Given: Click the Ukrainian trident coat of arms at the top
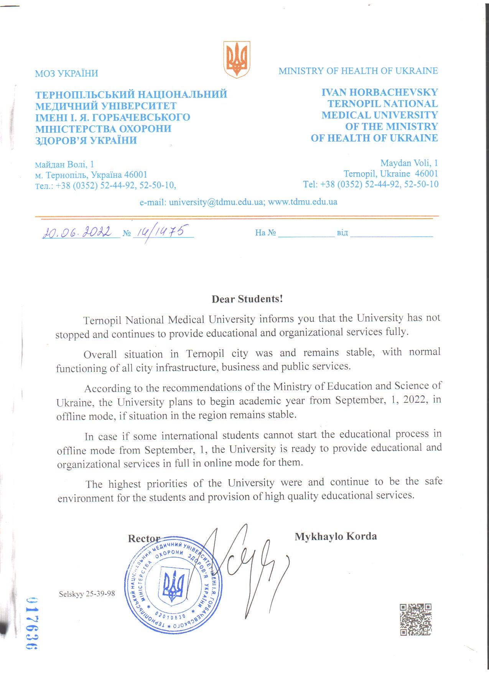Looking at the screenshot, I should click(x=237, y=59).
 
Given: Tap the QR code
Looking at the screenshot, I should click(x=416, y=619).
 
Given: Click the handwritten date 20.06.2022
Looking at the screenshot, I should click(x=77, y=232).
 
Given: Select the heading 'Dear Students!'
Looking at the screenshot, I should click(x=247, y=299).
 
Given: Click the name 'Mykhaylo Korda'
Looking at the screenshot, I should click(x=336, y=536).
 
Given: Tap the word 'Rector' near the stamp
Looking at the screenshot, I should click(x=144, y=538).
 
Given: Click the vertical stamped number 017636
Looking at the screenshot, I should click(x=31, y=623).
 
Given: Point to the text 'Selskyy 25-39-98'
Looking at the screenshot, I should click(x=87, y=594).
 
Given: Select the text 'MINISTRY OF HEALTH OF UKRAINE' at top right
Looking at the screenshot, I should click(x=358, y=71).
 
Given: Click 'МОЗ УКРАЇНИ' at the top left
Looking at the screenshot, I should click(x=66, y=73).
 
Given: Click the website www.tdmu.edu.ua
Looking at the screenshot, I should click(x=303, y=202).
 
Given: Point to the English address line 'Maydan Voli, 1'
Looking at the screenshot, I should click(x=409, y=163).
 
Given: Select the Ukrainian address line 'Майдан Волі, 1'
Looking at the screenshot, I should click(x=64, y=165).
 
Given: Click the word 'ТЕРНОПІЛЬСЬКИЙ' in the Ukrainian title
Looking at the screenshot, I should click(x=84, y=94).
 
